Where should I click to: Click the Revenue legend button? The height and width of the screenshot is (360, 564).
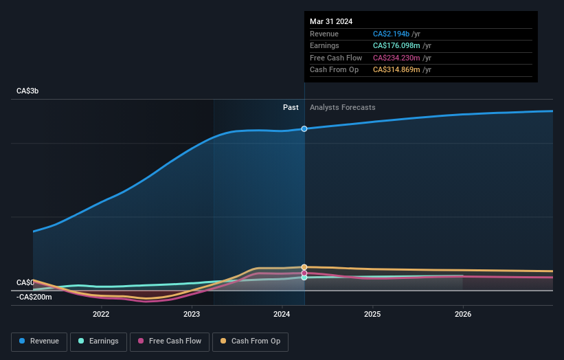[x=39, y=341]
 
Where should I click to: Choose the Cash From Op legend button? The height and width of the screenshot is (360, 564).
[x=250, y=341]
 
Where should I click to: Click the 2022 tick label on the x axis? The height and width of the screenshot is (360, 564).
[x=101, y=315]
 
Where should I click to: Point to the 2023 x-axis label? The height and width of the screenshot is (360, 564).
[x=192, y=315]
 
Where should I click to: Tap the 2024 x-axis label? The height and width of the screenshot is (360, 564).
[x=282, y=315]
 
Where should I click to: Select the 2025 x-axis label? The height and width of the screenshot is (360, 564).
[x=373, y=315]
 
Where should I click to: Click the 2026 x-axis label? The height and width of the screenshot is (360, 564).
[x=463, y=315]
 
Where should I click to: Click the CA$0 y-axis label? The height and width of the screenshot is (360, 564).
[x=25, y=282]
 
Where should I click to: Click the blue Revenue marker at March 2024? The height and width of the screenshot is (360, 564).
[x=304, y=128]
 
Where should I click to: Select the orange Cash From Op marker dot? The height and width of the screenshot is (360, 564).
[x=304, y=267]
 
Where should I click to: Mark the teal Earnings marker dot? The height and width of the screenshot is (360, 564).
[x=304, y=278]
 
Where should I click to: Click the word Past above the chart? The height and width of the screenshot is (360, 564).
[x=291, y=107]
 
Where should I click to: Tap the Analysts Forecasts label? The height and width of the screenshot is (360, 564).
[x=343, y=107]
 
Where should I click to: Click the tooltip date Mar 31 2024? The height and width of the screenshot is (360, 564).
[x=331, y=21]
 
